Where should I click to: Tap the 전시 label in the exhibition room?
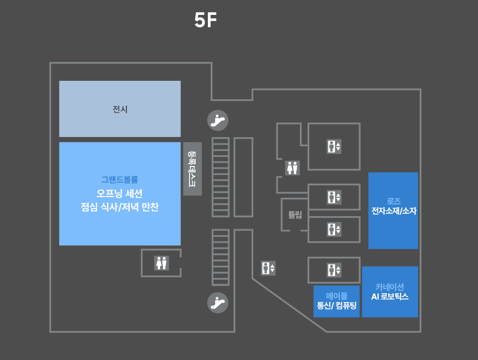click(120, 109)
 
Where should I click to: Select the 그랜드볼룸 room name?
click(119, 180)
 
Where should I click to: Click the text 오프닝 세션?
click(119, 194)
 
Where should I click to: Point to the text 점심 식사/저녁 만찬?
click(119, 208)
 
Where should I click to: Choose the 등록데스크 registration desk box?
click(193, 169)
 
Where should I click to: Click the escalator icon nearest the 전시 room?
click(218, 120)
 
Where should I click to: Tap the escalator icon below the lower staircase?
click(218, 302)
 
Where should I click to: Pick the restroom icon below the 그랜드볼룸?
click(161, 263)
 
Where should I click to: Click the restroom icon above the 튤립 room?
click(292, 167)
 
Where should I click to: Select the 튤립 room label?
click(295, 215)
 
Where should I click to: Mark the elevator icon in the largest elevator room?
click(334, 147)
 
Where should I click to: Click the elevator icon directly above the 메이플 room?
click(334, 270)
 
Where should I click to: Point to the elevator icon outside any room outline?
click(268, 268)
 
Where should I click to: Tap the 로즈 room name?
click(394, 201)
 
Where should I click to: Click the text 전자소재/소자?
click(394, 211)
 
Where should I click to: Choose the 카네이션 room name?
click(390, 287)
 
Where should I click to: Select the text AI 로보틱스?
click(390, 297)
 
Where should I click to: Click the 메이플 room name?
click(337, 296)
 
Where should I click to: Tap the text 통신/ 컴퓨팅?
click(337, 306)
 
